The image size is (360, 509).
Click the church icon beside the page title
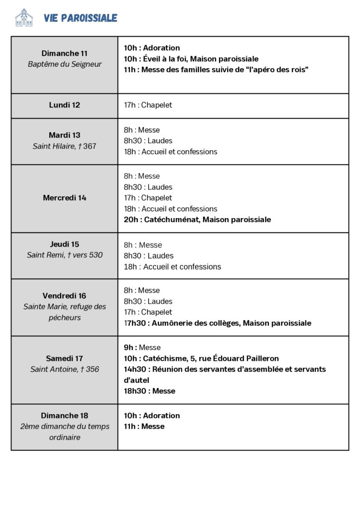(x=24, y=18)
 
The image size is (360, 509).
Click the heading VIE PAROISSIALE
(x=81, y=18)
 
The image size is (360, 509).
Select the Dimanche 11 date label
(x=65, y=53)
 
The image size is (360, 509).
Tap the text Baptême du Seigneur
(x=65, y=64)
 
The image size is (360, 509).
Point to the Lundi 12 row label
(x=65, y=105)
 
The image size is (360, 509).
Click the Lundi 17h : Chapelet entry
(x=148, y=105)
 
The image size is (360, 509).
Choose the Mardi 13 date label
(x=65, y=135)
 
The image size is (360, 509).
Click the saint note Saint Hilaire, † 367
(x=65, y=146)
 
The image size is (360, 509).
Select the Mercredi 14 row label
(x=65, y=198)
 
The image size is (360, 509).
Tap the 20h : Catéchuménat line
(x=197, y=220)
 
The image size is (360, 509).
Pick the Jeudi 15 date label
(x=65, y=244)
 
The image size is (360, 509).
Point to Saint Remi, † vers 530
(x=65, y=255)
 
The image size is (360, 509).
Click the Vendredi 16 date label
(x=65, y=296)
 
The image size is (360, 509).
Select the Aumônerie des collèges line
(x=217, y=323)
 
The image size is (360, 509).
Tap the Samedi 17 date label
(x=65, y=358)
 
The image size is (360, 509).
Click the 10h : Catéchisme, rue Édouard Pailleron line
(x=201, y=358)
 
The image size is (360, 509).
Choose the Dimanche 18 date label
(x=65, y=416)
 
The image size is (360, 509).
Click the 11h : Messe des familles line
(x=216, y=70)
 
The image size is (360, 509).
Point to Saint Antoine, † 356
(x=65, y=369)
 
